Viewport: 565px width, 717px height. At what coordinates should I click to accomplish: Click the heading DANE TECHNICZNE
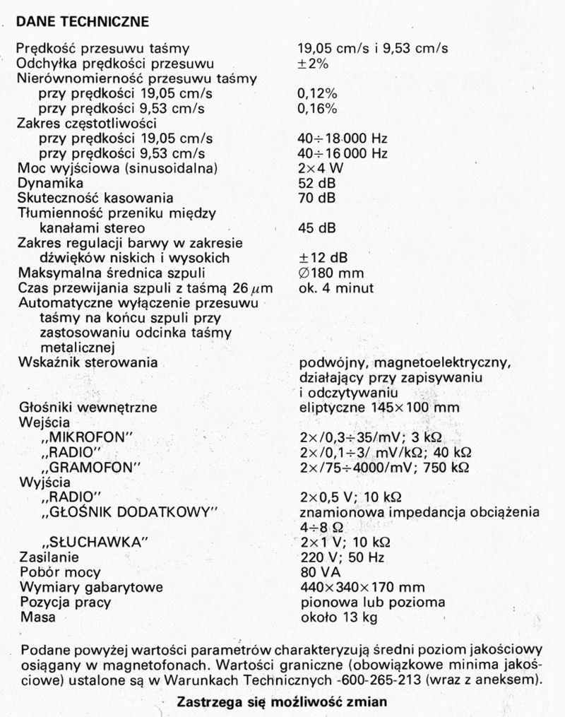click(x=82, y=22)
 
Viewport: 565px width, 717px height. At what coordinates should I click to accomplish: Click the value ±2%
click(x=316, y=64)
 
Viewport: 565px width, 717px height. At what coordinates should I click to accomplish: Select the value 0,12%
click(x=317, y=93)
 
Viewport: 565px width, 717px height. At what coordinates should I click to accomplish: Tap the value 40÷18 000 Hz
click(x=343, y=138)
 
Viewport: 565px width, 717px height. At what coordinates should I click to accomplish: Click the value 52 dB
click(x=317, y=183)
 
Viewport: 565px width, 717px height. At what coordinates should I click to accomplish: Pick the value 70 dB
click(x=317, y=198)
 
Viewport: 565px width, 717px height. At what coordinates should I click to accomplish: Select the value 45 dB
click(x=317, y=228)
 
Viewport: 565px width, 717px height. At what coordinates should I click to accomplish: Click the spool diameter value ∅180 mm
click(x=331, y=273)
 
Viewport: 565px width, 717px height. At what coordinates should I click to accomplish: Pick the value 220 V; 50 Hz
click(x=339, y=557)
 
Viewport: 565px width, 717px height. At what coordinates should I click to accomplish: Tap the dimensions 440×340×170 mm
click(x=362, y=587)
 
